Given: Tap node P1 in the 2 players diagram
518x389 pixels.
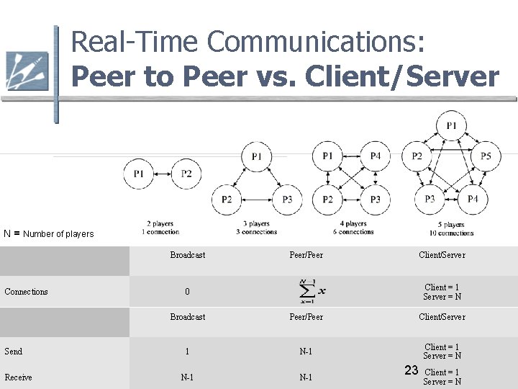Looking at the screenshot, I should pyautogui.click(x=139, y=173).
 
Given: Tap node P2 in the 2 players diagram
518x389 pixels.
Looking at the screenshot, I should pyautogui.click(x=186, y=173).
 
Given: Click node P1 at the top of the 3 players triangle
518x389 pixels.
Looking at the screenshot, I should pyautogui.click(x=257, y=156).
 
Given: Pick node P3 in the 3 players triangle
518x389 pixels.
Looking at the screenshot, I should pyautogui.click(x=287, y=199).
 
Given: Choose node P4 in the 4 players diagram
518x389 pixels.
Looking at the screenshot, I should pyautogui.click(x=375, y=156).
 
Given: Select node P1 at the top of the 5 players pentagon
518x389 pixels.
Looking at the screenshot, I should pyautogui.click(x=451, y=126).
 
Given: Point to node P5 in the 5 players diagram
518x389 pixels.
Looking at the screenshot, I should pyautogui.click(x=486, y=156).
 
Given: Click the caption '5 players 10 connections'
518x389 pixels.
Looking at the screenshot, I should pyautogui.click(x=451, y=229).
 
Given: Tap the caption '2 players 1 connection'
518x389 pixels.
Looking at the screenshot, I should pyautogui.click(x=161, y=228).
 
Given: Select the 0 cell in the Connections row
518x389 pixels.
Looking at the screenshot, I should pyautogui.click(x=187, y=292).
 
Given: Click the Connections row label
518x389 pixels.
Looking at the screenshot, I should pyautogui.click(x=26, y=292).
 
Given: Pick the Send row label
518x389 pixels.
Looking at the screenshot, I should pyautogui.click(x=13, y=352).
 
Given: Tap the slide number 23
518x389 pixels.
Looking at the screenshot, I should pyautogui.click(x=412, y=370).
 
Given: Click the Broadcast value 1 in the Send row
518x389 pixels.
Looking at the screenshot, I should pyautogui.click(x=187, y=352).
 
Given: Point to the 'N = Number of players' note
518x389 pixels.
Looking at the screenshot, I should pyautogui.click(x=48, y=233).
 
